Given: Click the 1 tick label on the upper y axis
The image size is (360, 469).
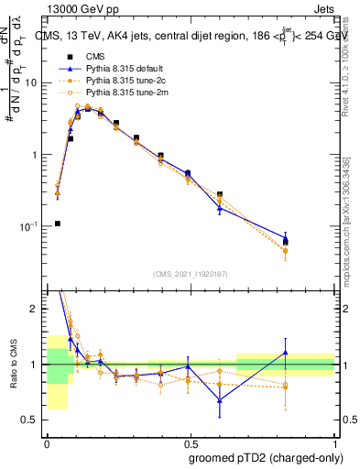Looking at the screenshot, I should tap(36, 155).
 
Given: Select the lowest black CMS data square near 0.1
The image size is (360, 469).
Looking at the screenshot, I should tap(57, 223).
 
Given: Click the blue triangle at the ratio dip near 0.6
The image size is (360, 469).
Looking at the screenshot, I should tap(220, 400).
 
